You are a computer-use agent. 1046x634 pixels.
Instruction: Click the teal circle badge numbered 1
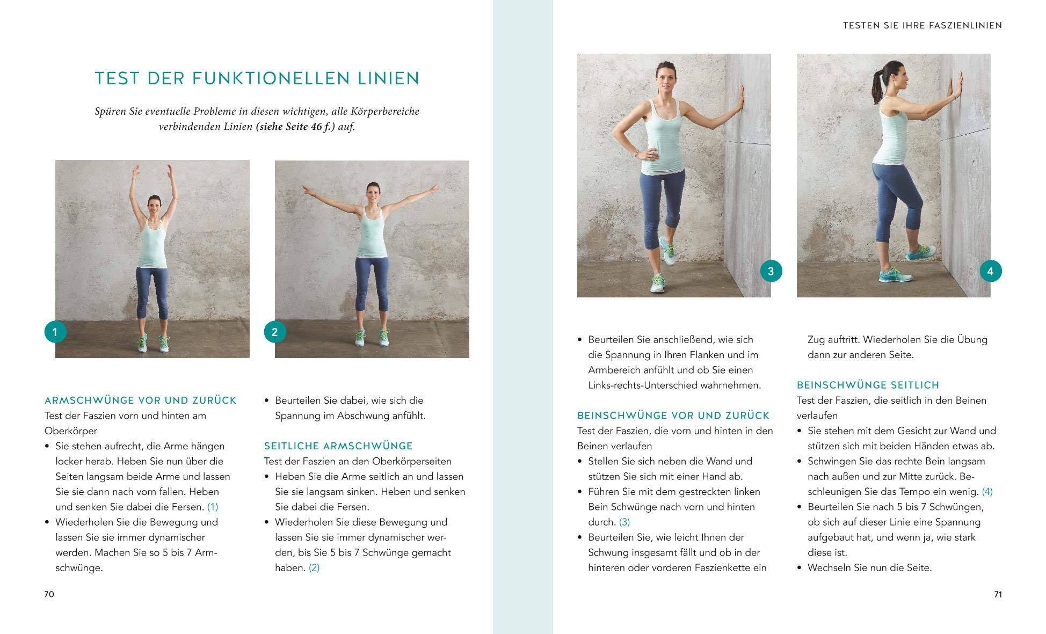pyautogui.click(x=55, y=332)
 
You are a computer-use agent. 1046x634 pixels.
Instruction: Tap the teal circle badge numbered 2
pyautogui.click(x=274, y=332)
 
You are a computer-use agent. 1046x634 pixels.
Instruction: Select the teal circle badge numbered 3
pyautogui.click(x=771, y=271)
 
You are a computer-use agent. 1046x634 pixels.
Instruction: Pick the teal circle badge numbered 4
pyautogui.click(x=990, y=271)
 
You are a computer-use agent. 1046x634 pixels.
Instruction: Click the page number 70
pyautogui.click(x=49, y=594)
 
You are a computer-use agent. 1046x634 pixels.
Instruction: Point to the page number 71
pyautogui.click(x=998, y=594)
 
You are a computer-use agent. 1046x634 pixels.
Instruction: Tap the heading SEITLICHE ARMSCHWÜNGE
pyautogui.click(x=338, y=446)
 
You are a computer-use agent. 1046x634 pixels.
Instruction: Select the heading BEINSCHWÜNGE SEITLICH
pyautogui.click(x=868, y=385)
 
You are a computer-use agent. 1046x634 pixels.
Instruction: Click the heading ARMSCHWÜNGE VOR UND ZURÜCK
pyautogui.click(x=140, y=400)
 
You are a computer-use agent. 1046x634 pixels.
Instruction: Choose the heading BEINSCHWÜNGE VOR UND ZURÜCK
pyautogui.click(x=673, y=416)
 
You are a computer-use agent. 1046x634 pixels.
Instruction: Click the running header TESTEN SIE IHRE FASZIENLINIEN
pyautogui.click(x=922, y=25)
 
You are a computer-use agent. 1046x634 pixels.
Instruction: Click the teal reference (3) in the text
pyautogui.click(x=624, y=522)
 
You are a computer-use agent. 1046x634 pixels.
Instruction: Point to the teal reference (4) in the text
pyautogui.click(x=987, y=492)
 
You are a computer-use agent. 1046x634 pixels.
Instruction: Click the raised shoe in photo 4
pyautogui.click(x=922, y=252)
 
